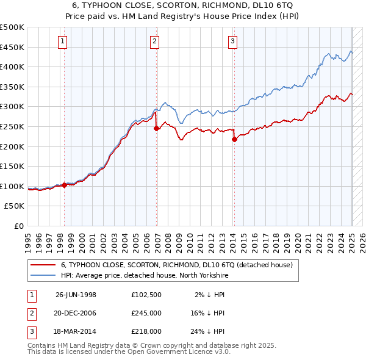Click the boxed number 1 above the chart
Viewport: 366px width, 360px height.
pos(63,41)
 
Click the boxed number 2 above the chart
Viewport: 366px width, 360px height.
pos(155,41)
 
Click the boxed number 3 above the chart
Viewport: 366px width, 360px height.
pos(233,41)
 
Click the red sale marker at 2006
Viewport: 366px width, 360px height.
pos(157,128)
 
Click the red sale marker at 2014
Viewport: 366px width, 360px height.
pos(234,139)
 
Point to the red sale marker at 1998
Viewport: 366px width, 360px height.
pos(65,185)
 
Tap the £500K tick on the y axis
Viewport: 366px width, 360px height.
pos(12,27)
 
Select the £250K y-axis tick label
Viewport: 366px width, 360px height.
pos(12,126)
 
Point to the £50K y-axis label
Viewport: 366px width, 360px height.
pos(15,206)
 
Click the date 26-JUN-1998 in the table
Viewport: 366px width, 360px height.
pos(76,295)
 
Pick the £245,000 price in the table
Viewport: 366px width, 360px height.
pos(146,313)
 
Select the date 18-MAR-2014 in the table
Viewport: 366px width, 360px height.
pos(76,331)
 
